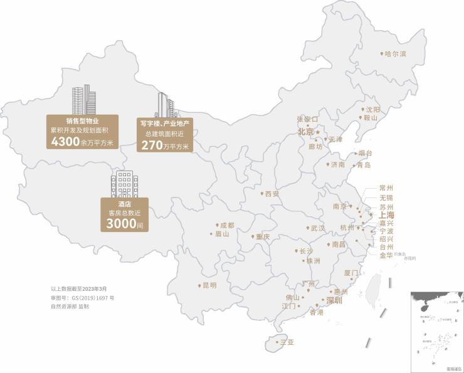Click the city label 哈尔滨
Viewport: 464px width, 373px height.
396,55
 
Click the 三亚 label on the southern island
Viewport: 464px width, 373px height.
287,342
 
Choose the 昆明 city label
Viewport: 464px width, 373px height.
208,285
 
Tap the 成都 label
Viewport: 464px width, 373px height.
226,225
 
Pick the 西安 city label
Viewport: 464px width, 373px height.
272,194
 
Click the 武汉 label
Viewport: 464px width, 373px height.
317,228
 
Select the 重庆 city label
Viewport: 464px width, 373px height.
261,237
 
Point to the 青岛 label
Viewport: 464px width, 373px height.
363,165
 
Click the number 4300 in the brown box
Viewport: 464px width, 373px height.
65,142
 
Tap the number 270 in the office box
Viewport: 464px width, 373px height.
152,145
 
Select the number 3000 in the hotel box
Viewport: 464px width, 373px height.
121,223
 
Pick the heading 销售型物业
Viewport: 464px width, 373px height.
83,121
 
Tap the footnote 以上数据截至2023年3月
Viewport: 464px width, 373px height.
79,289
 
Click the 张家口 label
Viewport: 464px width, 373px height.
307,118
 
